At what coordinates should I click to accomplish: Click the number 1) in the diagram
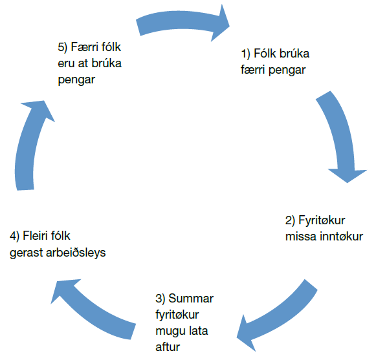coord(245,54)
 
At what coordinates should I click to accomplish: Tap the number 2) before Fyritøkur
coord(290,220)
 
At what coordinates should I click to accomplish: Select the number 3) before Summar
coord(160,299)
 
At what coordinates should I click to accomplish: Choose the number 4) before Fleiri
coord(14,236)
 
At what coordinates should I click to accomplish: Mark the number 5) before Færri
coord(63,47)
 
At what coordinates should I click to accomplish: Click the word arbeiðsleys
coord(76,253)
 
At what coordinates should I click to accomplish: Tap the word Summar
coord(191,299)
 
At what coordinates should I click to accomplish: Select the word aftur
coord(168,347)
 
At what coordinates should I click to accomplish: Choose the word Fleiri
coord(35,236)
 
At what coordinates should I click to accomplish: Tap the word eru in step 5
coord(66,64)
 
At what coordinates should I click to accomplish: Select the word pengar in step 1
coord(287,70)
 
